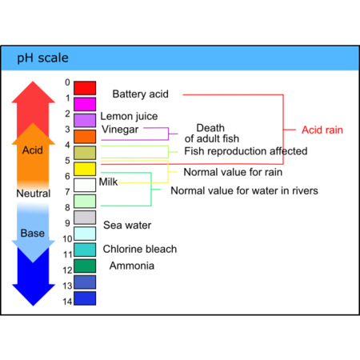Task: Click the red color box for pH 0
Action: click(x=85, y=87)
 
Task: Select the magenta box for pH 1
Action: click(x=85, y=103)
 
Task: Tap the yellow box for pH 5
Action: click(x=85, y=169)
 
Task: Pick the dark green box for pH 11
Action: click(x=85, y=266)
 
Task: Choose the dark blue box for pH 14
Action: click(x=85, y=298)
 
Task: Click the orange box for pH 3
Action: click(x=85, y=136)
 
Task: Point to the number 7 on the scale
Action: click(x=68, y=192)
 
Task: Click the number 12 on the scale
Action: click(x=67, y=270)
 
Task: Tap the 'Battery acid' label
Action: click(x=140, y=94)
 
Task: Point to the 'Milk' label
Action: click(x=108, y=182)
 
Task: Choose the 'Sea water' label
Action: click(x=127, y=226)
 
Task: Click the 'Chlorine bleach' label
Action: click(x=139, y=249)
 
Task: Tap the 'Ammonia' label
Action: click(x=132, y=266)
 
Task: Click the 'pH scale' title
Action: click(x=43, y=58)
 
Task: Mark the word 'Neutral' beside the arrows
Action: click(x=34, y=194)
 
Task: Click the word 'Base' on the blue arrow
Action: click(x=33, y=234)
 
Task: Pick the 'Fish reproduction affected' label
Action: click(x=246, y=151)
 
